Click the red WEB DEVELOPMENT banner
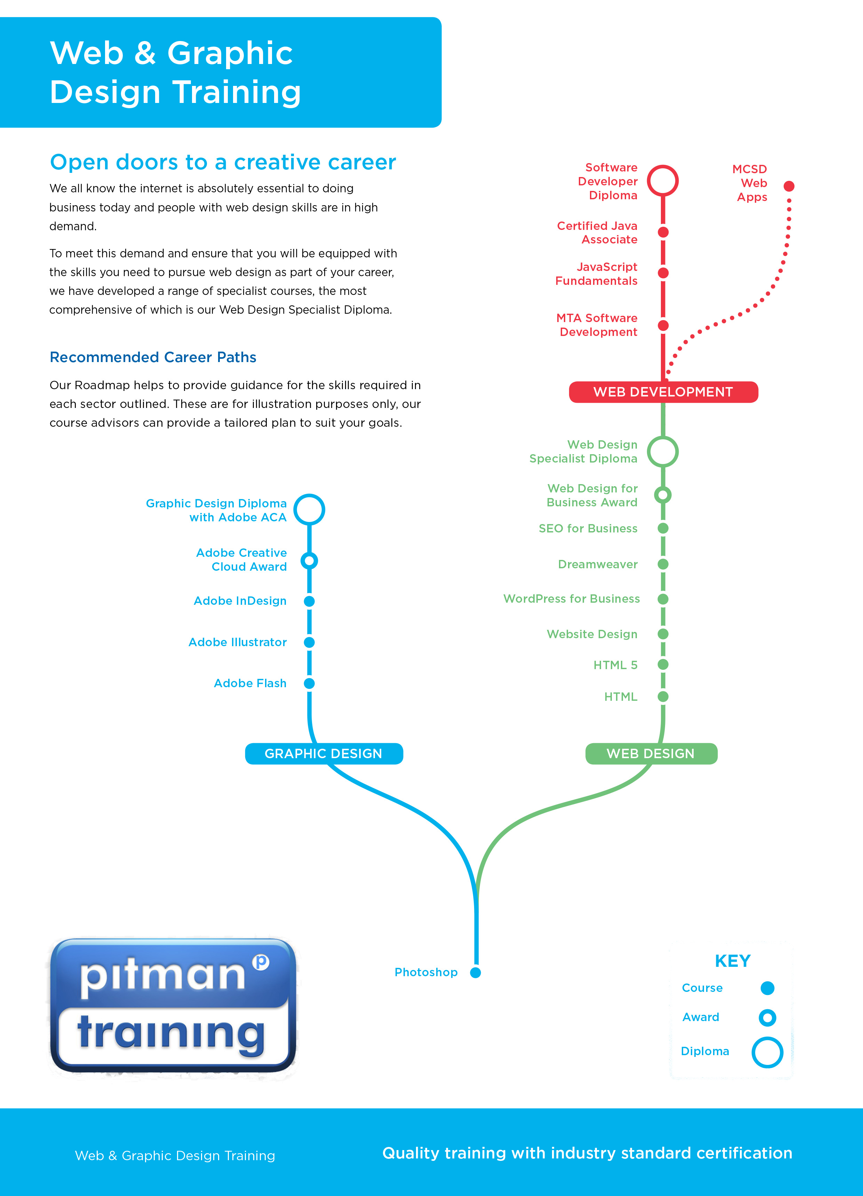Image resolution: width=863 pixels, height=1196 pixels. pos(663,392)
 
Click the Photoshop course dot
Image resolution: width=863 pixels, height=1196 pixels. pos(475,972)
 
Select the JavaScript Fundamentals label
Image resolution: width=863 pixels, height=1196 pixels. pos(596,274)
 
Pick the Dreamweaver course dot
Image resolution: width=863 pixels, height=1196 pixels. pos(663,564)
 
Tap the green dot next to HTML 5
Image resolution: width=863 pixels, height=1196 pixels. pos(663,665)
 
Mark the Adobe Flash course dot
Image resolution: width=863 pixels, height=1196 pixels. pos(309,683)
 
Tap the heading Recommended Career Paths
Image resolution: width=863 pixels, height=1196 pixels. pos(153,357)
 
